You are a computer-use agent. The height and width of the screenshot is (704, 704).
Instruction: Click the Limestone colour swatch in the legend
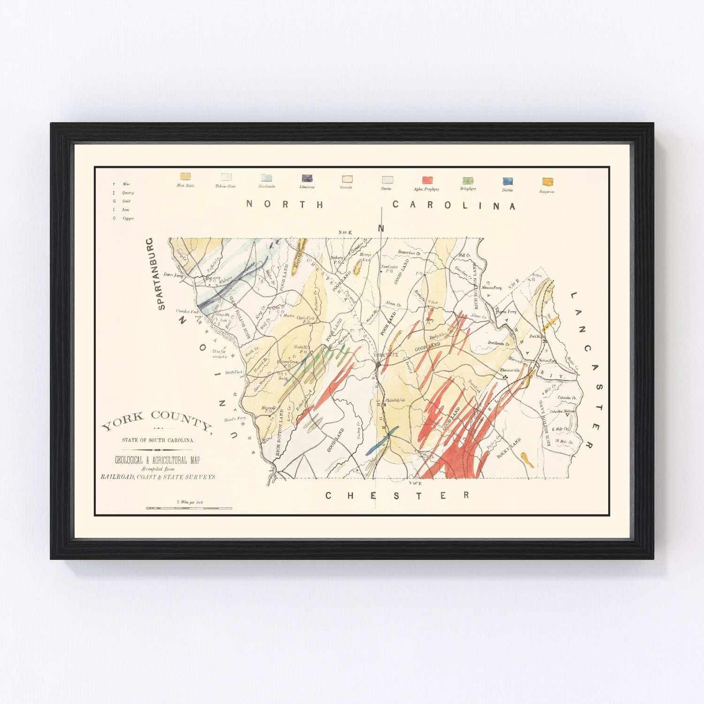coord(307,178)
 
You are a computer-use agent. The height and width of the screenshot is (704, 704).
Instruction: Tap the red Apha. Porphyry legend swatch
coord(427,180)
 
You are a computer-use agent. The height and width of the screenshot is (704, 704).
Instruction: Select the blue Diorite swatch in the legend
coord(507,181)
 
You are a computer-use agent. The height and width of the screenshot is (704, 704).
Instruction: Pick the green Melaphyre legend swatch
coord(467,181)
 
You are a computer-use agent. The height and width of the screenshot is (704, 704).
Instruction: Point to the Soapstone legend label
coord(547,191)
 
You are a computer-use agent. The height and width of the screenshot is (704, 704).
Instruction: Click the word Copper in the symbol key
coord(128,219)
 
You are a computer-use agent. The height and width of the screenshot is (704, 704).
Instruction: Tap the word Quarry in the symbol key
coord(128,193)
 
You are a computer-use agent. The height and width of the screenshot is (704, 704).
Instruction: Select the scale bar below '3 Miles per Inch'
coord(189,508)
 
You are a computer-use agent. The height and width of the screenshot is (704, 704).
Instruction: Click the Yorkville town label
coord(387,355)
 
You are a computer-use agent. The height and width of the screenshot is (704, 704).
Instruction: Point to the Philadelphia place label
coord(396,400)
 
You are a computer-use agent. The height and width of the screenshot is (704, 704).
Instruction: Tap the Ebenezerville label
coord(511,370)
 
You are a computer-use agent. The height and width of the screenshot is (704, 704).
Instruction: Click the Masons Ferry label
coord(491,288)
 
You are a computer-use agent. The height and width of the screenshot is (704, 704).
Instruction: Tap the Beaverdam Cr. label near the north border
coord(409,253)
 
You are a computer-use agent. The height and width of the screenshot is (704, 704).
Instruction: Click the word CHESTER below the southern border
coord(397,496)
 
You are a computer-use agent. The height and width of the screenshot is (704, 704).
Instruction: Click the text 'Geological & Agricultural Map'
coord(157,461)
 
